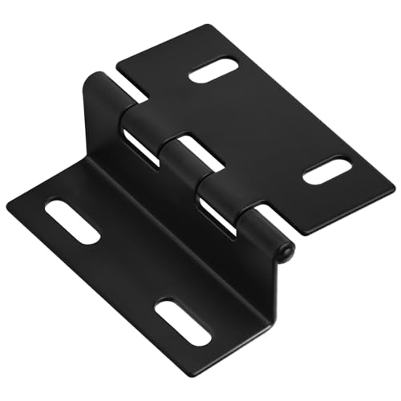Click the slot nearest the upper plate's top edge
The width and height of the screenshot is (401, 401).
[214, 71]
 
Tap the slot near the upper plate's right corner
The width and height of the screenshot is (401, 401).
[327, 171]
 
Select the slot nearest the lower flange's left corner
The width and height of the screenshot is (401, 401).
[72, 221]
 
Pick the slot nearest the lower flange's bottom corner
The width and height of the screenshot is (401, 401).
[183, 322]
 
